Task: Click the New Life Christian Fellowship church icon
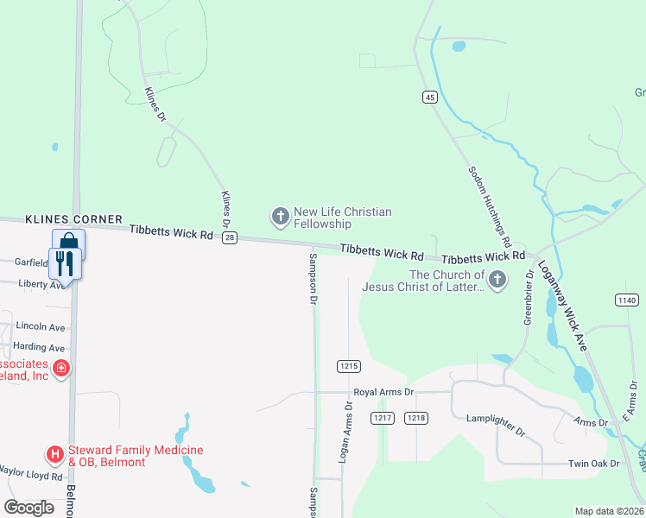280,217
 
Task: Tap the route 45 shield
429,98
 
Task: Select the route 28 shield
229,239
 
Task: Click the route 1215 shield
348,366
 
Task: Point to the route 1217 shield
383,418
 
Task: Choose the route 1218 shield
417,418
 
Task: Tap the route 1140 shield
627,300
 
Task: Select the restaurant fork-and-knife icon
66,262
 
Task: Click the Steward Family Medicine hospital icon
54,453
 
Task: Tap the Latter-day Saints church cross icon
497,280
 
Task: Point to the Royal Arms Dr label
384,392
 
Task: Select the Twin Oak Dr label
594,464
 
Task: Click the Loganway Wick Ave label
562,306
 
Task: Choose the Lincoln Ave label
41,328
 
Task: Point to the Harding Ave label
41,348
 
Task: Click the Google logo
29,508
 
